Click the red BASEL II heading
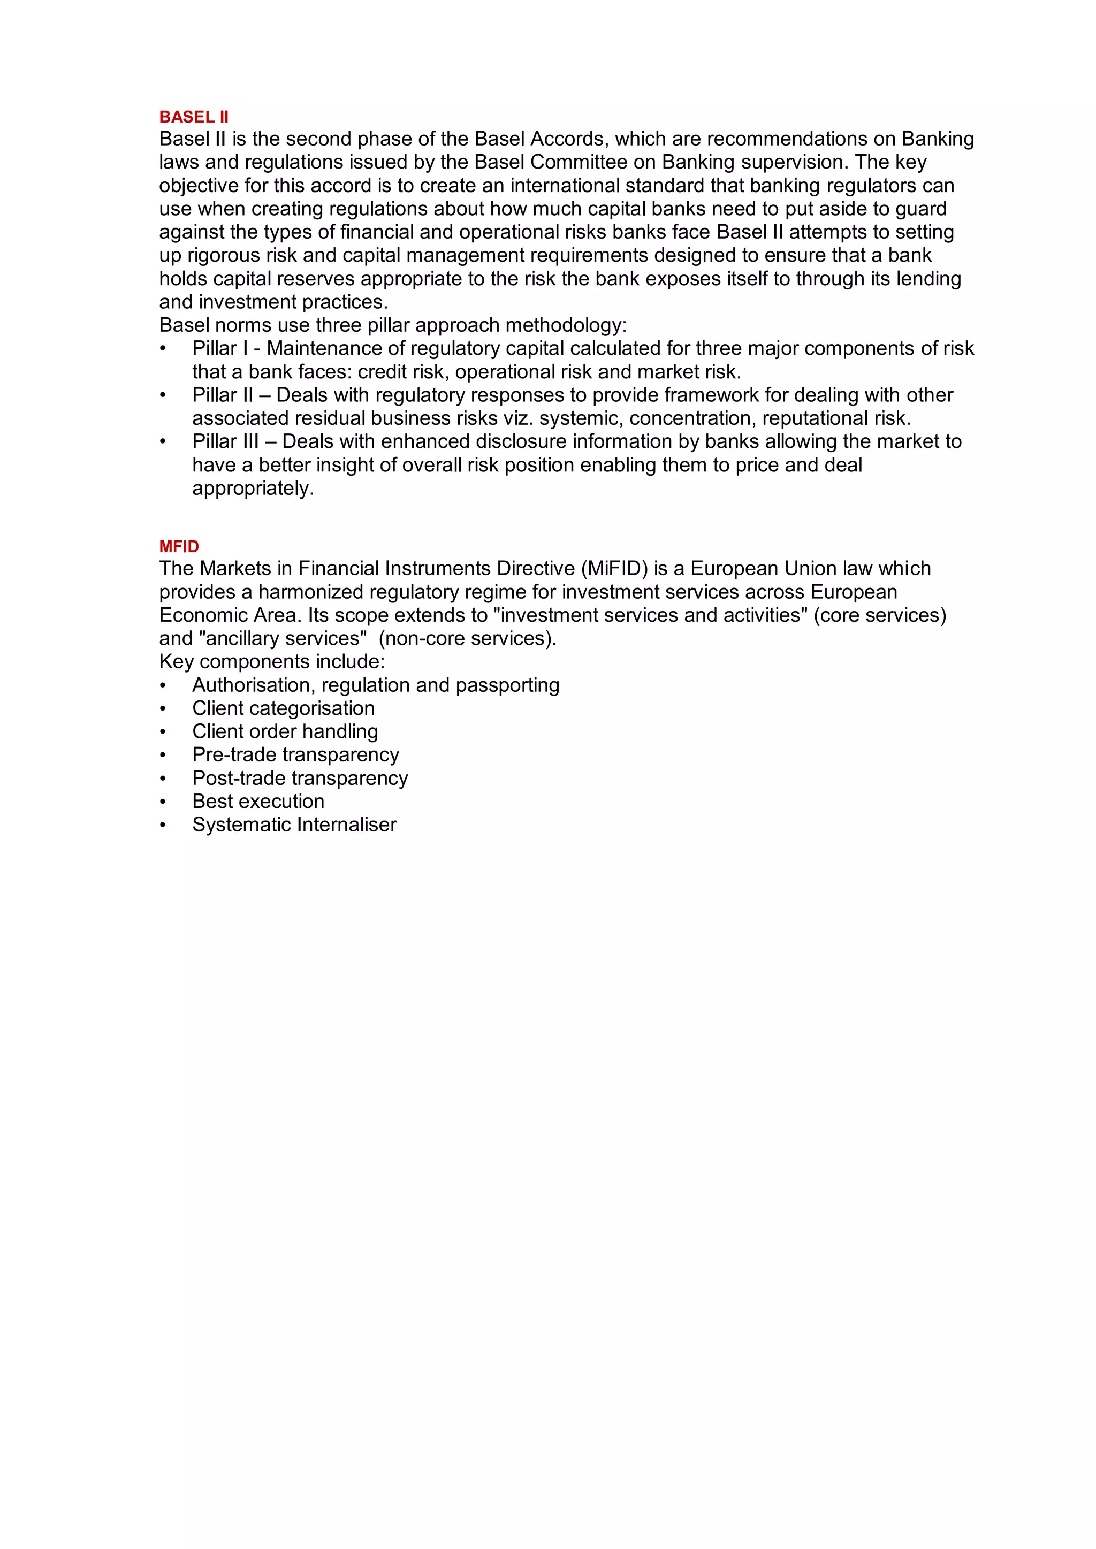pyautogui.click(x=194, y=117)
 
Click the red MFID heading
pyautogui.click(x=179, y=546)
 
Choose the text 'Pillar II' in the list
pyautogui.click(x=222, y=395)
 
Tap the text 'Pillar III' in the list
pyautogui.click(x=225, y=442)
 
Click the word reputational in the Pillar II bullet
pyautogui.click(x=816, y=418)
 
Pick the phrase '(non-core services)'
pyautogui.click(x=467, y=639)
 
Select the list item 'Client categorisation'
pyautogui.click(x=284, y=708)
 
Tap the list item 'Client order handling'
pyautogui.click(x=285, y=732)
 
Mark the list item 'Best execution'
pyautogui.click(x=258, y=802)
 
